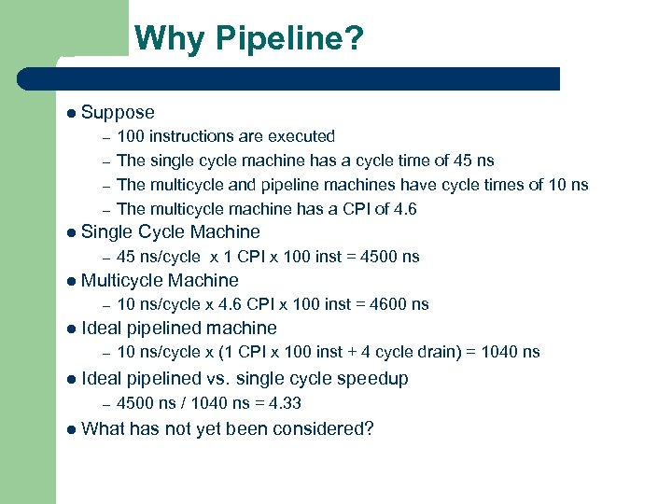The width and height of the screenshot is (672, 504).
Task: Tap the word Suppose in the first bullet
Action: pos(118,113)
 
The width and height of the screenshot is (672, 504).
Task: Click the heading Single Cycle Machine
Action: pos(171,232)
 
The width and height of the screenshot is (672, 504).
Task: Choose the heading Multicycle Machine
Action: pos(160,280)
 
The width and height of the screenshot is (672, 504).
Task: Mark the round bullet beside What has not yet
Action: pos(72,429)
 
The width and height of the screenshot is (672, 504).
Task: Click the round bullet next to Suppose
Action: pos(72,113)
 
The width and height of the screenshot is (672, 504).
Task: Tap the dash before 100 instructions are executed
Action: pos(106,136)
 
